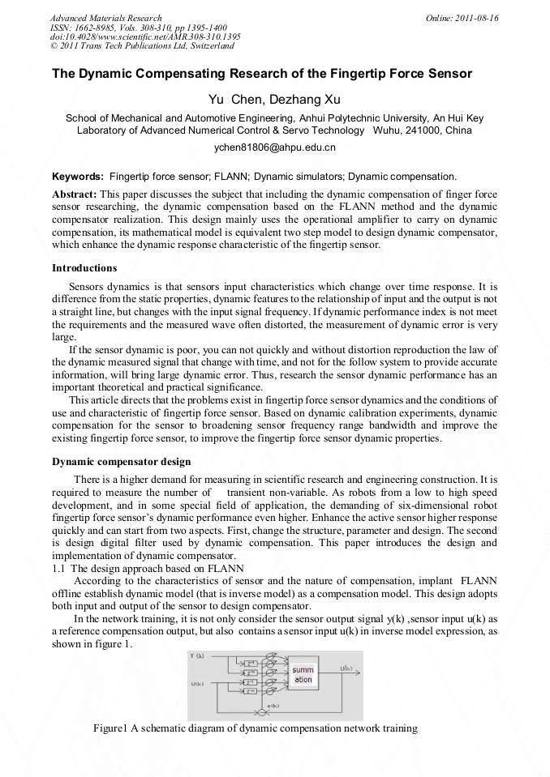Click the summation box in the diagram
coord(302,675)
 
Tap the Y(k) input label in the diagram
coord(196,655)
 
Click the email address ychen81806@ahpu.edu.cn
coord(274,148)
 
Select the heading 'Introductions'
coord(84,267)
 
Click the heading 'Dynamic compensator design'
coord(121,462)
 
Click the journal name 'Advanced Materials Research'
coord(105,18)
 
